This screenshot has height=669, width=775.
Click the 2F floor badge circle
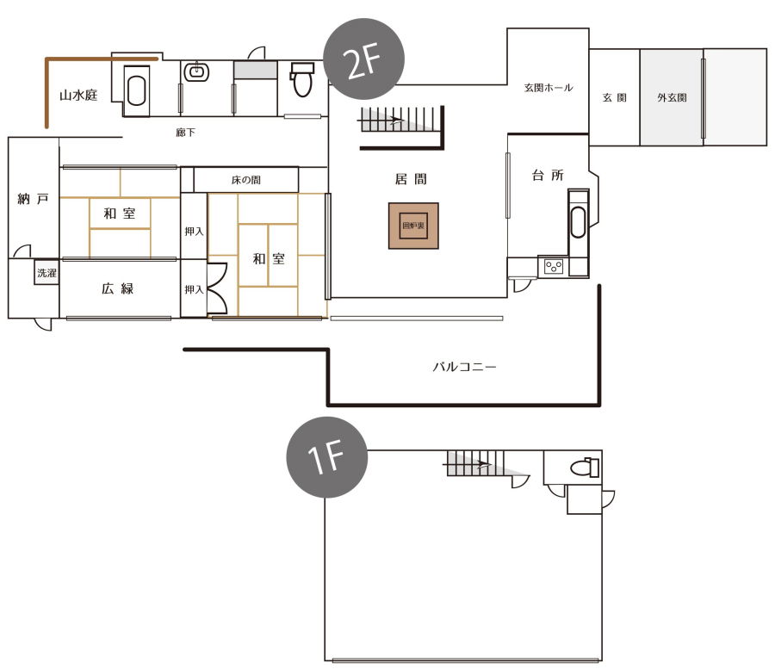point(363,59)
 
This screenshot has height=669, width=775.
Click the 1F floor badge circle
point(327,457)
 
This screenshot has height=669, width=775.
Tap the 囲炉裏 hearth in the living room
point(413,226)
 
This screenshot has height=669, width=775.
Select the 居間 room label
point(411,179)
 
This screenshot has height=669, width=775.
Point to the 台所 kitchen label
point(548,175)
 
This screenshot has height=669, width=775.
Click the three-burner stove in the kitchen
point(554,267)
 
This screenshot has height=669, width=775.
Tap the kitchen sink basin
point(578,222)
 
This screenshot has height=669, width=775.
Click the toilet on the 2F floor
point(301,79)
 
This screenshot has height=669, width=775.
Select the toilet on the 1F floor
point(584,467)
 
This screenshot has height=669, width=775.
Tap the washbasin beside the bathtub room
point(196,72)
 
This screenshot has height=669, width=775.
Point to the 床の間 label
point(246,180)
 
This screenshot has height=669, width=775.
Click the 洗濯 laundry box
point(47,272)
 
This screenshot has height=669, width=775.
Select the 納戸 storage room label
point(33,199)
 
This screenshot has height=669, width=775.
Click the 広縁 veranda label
point(118,288)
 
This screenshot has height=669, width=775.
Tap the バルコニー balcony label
point(465,367)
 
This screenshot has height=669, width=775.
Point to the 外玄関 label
point(672,98)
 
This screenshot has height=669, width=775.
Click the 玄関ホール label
point(549,88)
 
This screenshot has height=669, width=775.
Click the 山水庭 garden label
point(78,95)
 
